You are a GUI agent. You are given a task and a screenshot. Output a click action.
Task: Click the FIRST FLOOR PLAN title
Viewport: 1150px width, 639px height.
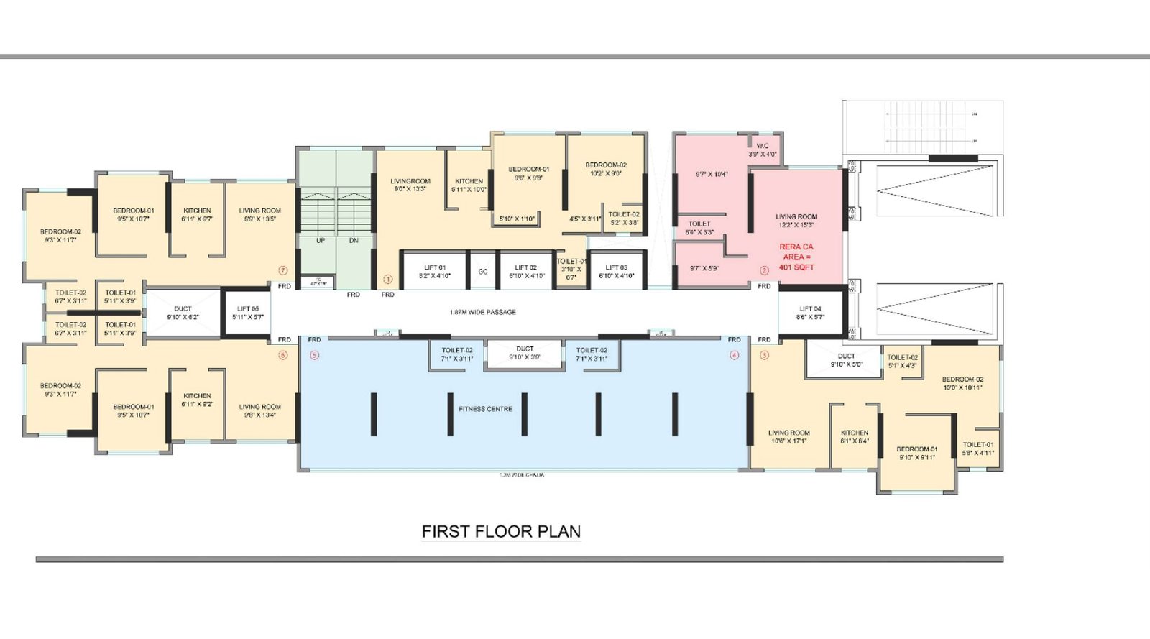pyautogui.click(x=501, y=532)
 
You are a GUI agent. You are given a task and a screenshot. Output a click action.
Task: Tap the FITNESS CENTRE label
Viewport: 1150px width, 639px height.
pyautogui.click(x=485, y=409)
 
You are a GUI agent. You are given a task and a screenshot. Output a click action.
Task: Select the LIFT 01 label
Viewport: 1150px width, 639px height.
pyautogui.click(x=434, y=272)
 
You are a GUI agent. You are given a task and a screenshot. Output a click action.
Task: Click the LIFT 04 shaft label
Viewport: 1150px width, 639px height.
pyautogui.click(x=810, y=313)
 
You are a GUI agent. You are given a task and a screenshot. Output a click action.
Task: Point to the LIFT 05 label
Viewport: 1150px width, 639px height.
pyautogui.click(x=247, y=313)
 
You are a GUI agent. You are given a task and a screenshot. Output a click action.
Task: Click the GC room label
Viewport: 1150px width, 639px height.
pyautogui.click(x=483, y=272)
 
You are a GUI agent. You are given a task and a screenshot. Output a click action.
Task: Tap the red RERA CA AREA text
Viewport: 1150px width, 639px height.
pyautogui.click(x=796, y=257)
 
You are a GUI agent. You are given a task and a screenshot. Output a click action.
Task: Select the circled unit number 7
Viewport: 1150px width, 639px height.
pyautogui.click(x=283, y=271)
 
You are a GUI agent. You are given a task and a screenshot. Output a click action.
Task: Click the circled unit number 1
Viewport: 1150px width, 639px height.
pyautogui.click(x=387, y=279)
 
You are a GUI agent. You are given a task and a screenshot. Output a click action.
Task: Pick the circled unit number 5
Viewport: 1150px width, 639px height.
pyautogui.click(x=314, y=355)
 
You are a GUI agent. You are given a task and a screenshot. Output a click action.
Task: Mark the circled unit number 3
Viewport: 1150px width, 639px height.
pyautogui.click(x=764, y=355)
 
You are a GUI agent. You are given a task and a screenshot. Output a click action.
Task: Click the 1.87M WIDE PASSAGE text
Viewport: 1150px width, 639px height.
pyautogui.click(x=482, y=312)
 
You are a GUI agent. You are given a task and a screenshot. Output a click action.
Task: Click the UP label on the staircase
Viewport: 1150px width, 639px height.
pyautogui.click(x=321, y=241)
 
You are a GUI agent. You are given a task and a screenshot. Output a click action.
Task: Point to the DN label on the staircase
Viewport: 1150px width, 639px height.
pyautogui.click(x=354, y=241)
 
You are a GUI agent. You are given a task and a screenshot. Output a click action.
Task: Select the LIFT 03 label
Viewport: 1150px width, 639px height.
pyautogui.click(x=616, y=272)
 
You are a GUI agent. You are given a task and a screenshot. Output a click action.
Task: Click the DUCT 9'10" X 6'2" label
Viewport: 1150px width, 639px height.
pyautogui.click(x=183, y=313)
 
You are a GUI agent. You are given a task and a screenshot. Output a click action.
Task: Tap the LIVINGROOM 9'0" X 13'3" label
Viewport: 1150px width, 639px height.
pyautogui.click(x=410, y=185)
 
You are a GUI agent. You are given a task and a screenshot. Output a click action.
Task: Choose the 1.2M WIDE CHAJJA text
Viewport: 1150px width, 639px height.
pyautogui.click(x=522, y=475)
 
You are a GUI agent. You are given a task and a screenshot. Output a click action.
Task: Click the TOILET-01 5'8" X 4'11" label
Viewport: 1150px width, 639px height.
pyautogui.click(x=977, y=449)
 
